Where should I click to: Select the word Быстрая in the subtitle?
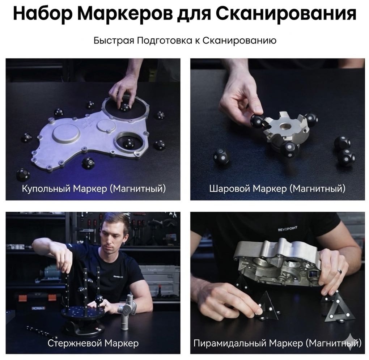(114, 41)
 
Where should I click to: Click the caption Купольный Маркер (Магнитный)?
(94, 189)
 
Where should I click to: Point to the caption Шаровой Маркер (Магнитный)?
(277, 189)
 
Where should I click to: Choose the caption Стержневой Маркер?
(93, 343)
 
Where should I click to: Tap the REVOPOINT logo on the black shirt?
(288, 228)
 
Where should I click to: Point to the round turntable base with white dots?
(82, 313)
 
